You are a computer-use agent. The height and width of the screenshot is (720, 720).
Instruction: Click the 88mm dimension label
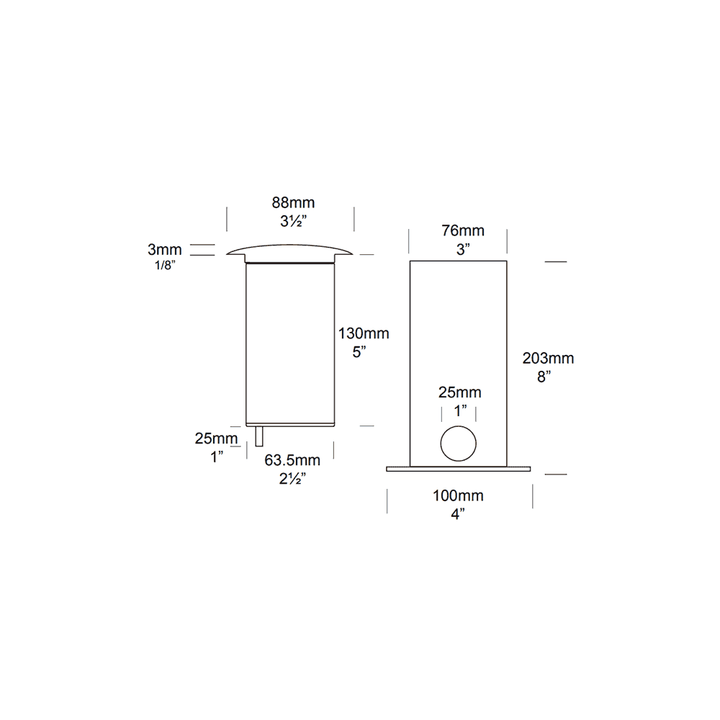pos(293,203)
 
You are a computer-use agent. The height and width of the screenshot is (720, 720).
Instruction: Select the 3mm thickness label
pos(165,250)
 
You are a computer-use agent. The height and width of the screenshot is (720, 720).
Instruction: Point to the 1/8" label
pos(165,265)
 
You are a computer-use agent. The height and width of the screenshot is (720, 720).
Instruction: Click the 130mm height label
pos(364,333)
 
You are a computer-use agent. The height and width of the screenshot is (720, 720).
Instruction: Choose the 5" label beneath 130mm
pos(359,353)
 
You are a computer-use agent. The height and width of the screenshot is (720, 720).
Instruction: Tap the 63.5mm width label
pos(292,461)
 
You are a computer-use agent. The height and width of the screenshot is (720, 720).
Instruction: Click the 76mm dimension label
pos(462,231)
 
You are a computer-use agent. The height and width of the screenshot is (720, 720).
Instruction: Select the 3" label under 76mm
pos(462,250)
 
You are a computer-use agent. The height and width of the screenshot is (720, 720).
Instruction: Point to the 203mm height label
pos(549,358)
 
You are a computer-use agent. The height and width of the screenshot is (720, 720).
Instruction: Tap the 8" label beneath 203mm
pos(544,376)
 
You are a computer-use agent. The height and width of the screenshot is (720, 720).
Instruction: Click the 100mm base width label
pos(458,495)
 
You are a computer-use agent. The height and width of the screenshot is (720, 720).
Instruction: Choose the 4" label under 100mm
pos(458,513)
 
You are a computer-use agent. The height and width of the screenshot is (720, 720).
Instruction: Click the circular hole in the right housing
pos(459,443)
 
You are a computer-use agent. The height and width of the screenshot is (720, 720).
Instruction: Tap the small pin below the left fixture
pos(259,436)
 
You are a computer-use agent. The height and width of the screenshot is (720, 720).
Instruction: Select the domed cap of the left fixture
pos(289,251)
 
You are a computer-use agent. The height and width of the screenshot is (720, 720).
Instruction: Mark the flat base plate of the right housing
pos(459,469)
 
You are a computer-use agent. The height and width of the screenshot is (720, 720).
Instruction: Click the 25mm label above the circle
pos(460,392)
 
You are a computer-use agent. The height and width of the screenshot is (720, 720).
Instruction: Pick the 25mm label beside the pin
pos(215,438)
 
